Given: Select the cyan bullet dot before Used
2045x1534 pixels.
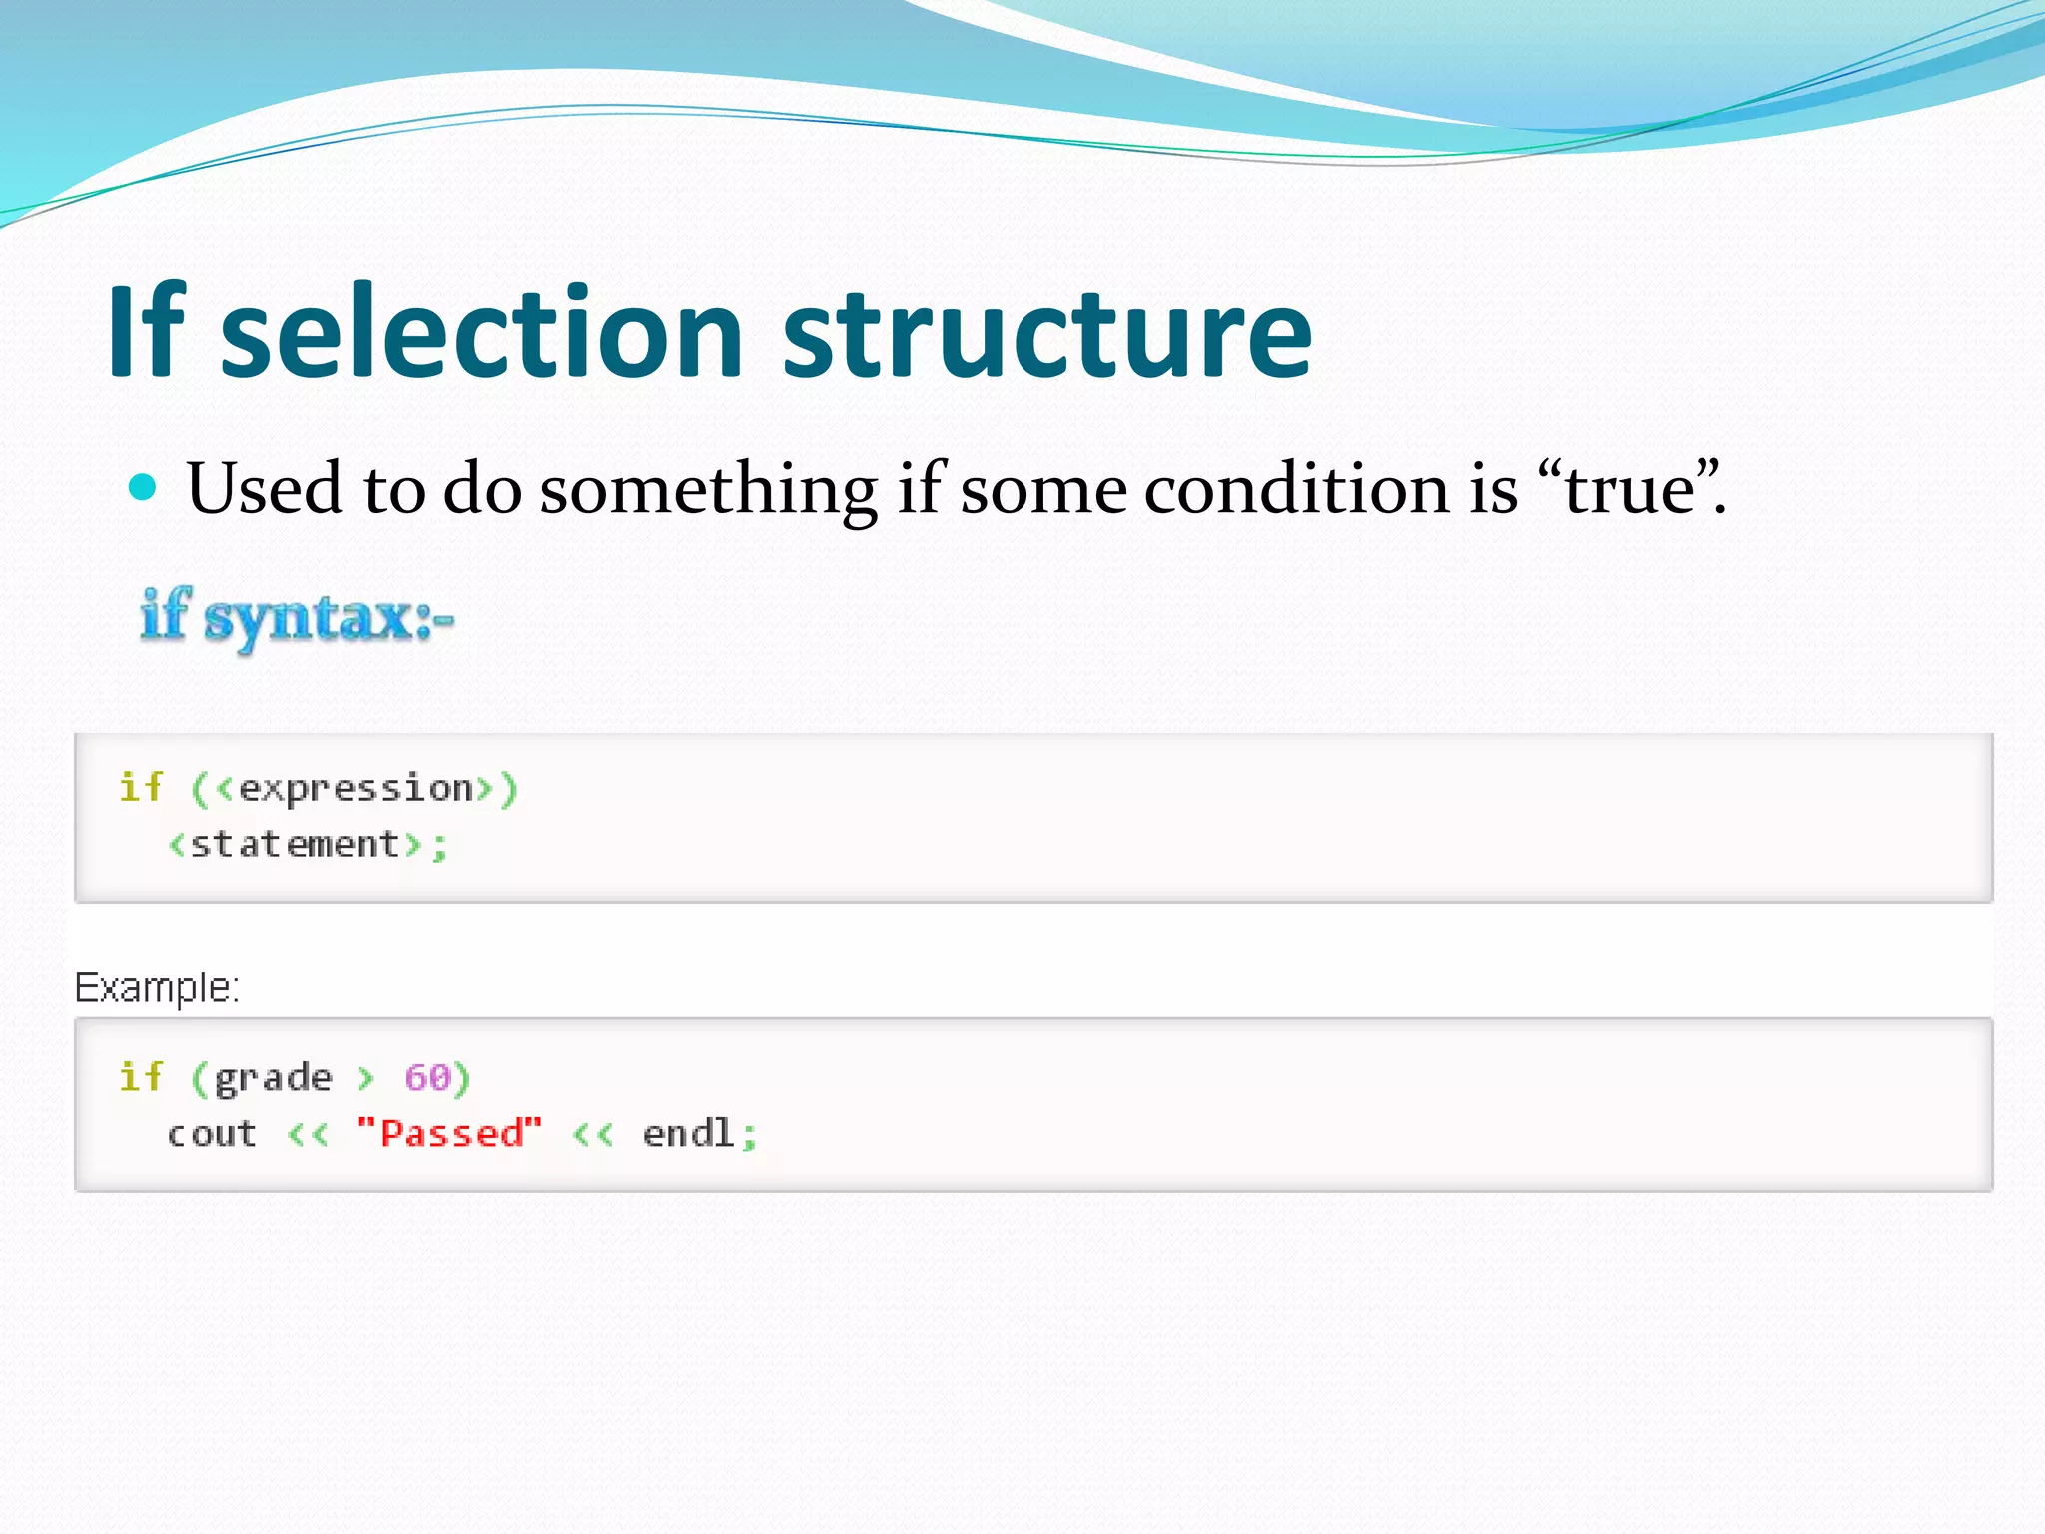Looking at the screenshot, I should click(x=144, y=487).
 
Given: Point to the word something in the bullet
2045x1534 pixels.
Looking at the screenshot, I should click(x=708, y=489).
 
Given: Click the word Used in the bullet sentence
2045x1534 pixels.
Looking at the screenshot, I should click(x=264, y=489).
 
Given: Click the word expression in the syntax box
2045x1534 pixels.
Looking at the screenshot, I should click(x=355, y=789).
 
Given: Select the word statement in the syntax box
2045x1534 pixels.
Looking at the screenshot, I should click(x=295, y=845).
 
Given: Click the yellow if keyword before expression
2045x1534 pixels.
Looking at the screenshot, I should click(x=140, y=787).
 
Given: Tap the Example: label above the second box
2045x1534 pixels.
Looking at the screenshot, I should click(x=157, y=987).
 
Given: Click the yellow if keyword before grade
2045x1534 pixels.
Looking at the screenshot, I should click(x=140, y=1077).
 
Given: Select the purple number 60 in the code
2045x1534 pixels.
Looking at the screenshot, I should click(x=427, y=1077).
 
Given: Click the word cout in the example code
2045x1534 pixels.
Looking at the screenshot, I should click(x=212, y=1134).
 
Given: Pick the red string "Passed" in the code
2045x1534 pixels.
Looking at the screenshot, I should click(x=449, y=1133).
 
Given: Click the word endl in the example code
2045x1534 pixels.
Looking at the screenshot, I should click(x=688, y=1133).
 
